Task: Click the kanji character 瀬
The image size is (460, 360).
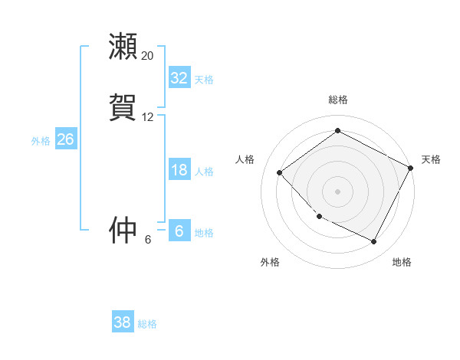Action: click(123, 47)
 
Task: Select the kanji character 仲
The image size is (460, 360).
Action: click(123, 230)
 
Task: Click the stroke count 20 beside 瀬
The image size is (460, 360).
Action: click(147, 56)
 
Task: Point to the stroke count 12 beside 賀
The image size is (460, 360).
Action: click(147, 117)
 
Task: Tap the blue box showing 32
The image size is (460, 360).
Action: click(179, 77)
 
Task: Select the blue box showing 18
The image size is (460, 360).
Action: click(179, 170)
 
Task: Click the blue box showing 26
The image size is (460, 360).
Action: click(65, 139)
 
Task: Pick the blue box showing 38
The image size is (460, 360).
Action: click(123, 322)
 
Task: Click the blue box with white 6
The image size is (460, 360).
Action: click(179, 231)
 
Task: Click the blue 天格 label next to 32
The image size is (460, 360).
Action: click(204, 79)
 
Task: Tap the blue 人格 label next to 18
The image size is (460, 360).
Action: click(204, 172)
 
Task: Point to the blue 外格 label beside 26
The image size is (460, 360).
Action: click(41, 141)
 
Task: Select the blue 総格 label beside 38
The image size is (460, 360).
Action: click(147, 324)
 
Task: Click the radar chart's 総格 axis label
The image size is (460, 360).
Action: click(337, 100)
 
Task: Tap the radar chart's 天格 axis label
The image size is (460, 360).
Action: click(431, 159)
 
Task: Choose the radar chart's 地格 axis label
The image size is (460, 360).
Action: click(402, 263)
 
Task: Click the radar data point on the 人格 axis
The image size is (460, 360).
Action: click(280, 173)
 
